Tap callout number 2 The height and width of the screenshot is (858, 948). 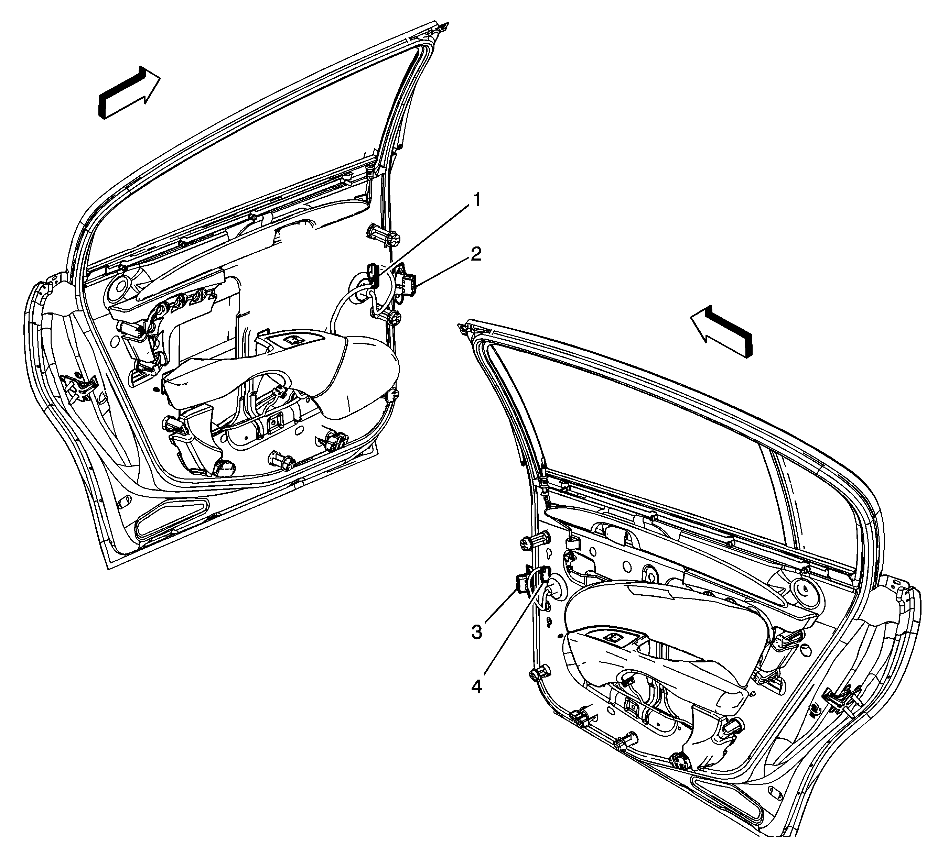tap(476, 255)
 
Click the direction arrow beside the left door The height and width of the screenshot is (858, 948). tap(129, 92)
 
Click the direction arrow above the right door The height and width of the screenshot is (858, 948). tap(722, 330)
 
